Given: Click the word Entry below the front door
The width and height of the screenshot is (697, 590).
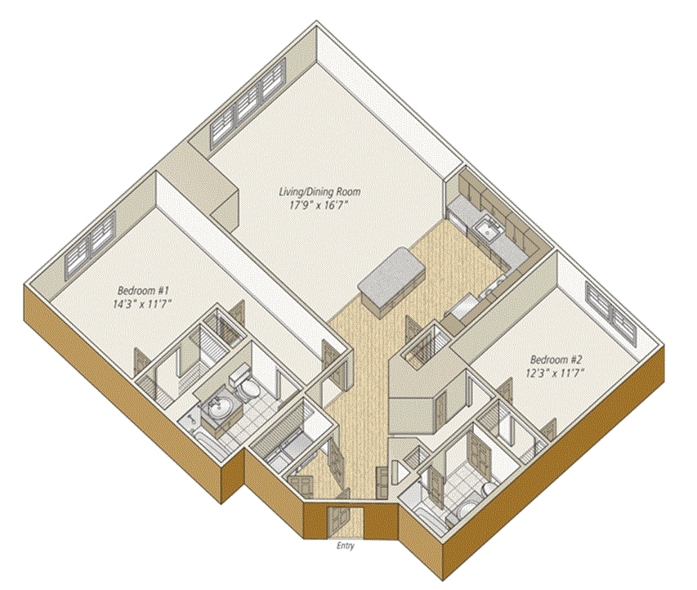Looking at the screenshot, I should coord(345,546).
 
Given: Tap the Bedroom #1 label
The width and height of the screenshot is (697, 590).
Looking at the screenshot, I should coord(143,290).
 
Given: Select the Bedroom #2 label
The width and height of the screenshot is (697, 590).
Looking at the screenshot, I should coord(555,360).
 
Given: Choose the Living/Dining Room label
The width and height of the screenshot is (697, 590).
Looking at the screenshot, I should coord(319,193).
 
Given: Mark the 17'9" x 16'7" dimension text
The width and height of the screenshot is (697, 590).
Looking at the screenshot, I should coord(319,206).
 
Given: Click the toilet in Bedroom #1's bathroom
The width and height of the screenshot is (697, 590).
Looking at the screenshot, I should coord(243,381).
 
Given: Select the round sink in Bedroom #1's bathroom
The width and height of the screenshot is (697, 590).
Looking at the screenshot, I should coord(218,406).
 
